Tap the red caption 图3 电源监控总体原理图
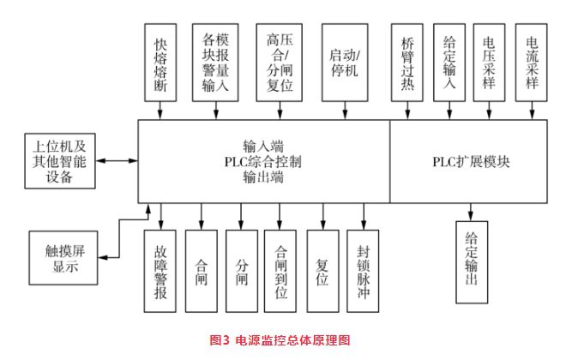tap(283, 340)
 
